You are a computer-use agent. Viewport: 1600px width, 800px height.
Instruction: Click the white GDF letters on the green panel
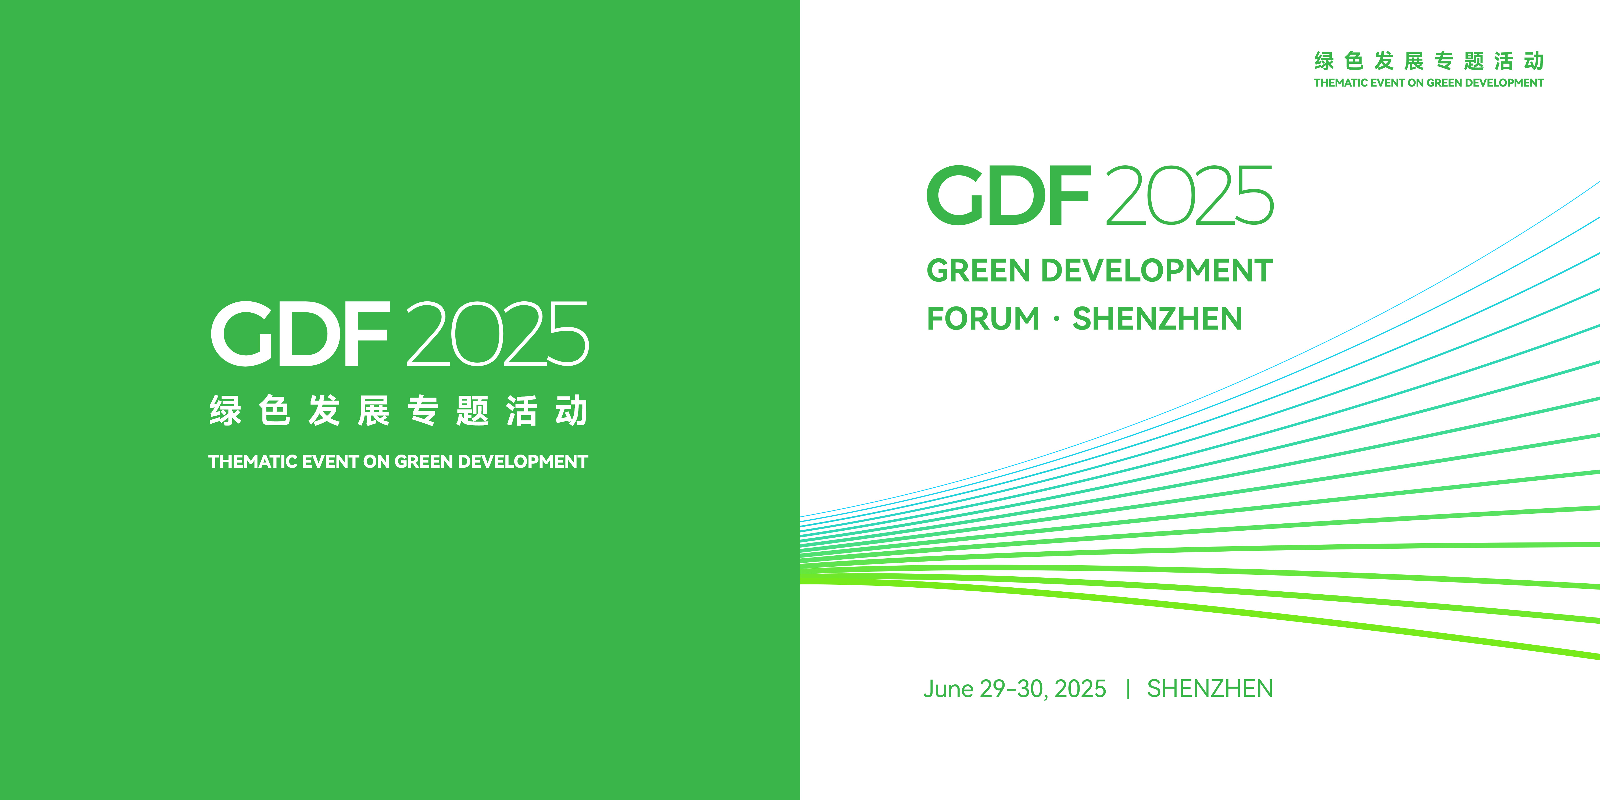(300, 334)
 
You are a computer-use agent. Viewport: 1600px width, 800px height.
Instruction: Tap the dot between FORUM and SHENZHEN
(1056, 319)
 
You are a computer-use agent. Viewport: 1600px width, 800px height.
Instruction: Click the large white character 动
(572, 410)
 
